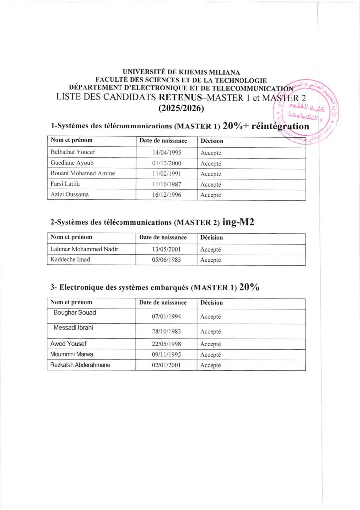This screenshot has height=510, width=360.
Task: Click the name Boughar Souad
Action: pyautogui.click(x=75, y=313)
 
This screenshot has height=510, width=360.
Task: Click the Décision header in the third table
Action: pyautogui.click(x=211, y=302)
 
